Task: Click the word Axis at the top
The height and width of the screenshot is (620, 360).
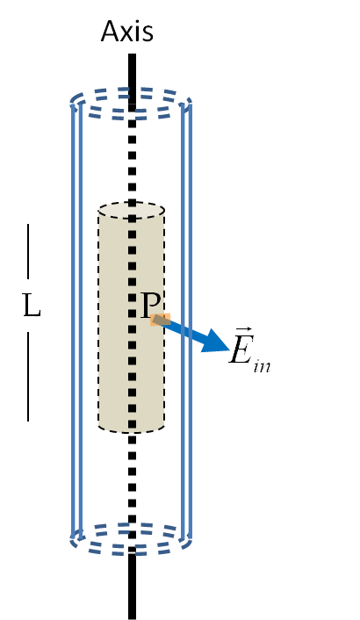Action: pyautogui.click(x=127, y=32)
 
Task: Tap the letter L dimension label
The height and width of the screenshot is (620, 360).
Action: pyautogui.click(x=32, y=306)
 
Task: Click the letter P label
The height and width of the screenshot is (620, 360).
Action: pyautogui.click(x=150, y=305)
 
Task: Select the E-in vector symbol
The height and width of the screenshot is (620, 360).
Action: pyautogui.click(x=249, y=350)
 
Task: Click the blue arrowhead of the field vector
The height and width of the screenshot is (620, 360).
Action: pyautogui.click(x=215, y=341)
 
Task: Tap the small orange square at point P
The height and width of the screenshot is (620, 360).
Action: pyautogui.click(x=161, y=320)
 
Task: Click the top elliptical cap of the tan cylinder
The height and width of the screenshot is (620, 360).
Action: pyautogui.click(x=131, y=210)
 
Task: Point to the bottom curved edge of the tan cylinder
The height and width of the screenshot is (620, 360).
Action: pyautogui.click(x=131, y=430)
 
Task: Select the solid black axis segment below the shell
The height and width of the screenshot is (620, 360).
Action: pyautogui.click(x=133, y=586)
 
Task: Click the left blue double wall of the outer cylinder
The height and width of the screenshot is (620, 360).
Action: pyautogui.click(x=76, y=321)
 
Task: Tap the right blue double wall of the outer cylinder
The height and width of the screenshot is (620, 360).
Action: pyautogui.click(x=186, y=321)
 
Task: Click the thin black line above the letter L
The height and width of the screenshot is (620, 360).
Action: pyautogui.click(x=28, y=251)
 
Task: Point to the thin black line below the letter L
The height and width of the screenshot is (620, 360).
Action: pyautogui.click(x=28, y=377)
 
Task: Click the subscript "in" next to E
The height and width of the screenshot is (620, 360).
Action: pyautogui.click(x=262, y=365)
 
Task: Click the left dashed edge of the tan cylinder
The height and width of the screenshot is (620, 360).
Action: pyautogui.click(x=98, y=318)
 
